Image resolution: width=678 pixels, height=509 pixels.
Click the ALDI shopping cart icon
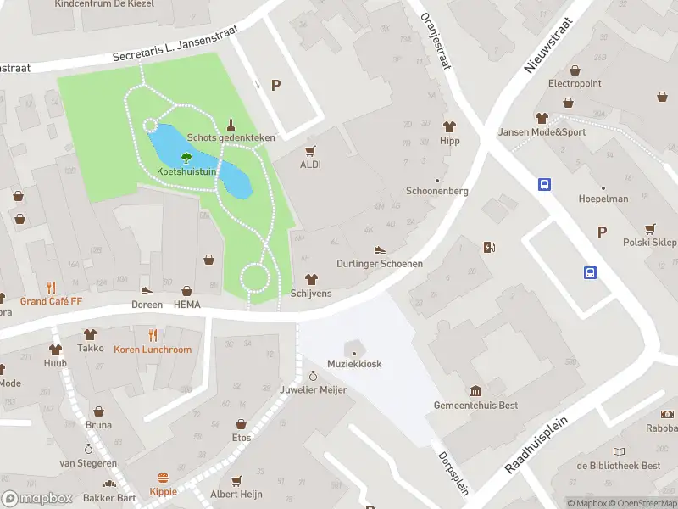pos(310,150)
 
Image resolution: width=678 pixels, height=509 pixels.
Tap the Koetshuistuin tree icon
pos(186,157)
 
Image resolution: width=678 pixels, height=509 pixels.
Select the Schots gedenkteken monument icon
pos(231,123)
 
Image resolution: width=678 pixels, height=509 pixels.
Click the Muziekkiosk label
pos(354,364)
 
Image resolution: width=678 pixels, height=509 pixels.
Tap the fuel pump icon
pos(488,248)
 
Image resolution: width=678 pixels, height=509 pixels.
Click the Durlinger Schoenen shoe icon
pos(380,249)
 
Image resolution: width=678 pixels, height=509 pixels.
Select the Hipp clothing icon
pos(449,126)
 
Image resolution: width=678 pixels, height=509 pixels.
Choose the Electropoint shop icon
pos(575,70)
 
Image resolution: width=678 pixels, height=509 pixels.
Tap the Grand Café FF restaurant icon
pos(52,287)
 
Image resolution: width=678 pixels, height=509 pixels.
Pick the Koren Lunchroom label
pos(153,350)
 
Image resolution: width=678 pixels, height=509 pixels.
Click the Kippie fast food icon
pos(164,478)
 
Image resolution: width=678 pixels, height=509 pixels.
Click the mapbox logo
pos(38,498)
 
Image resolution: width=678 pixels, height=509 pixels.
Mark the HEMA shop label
pos(187,305)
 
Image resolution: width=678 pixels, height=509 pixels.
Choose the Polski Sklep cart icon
pos(650,228)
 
